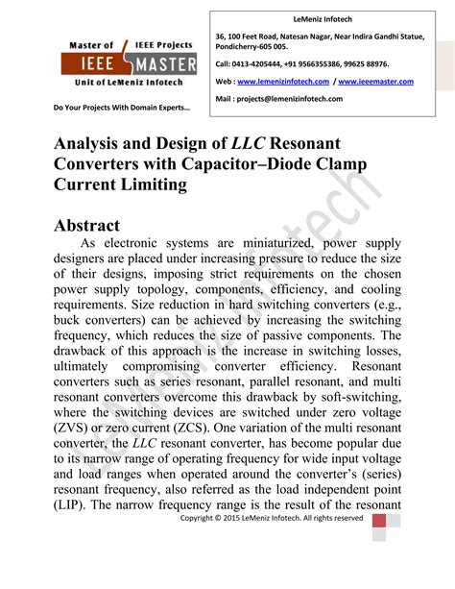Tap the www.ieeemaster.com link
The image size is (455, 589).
pyautogui.click(x=375, y=82)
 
